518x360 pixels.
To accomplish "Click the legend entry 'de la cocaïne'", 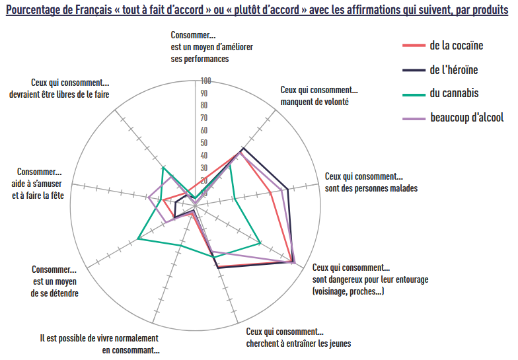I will (x=456, y=46).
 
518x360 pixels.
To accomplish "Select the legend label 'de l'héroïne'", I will (x=453, y=69).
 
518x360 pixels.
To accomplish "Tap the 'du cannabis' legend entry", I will (x=454, y=93).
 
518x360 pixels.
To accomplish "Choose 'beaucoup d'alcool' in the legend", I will (x=466, y=118).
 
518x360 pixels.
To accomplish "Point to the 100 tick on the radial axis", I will (x=205, y=81).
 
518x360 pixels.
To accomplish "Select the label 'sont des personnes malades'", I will (x=371, y=188).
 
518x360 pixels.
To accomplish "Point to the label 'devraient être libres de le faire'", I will (x=59, y=94).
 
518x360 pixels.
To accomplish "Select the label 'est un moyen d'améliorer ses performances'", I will (x=211, y=58).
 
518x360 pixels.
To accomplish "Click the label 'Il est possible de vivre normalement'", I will (x=98, y=338).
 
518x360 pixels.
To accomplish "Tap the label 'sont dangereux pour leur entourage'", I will (x=370, y=279).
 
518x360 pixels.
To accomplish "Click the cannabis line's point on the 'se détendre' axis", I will (x=137, y=238).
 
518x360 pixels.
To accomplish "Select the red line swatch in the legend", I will (x=414, y=46).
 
